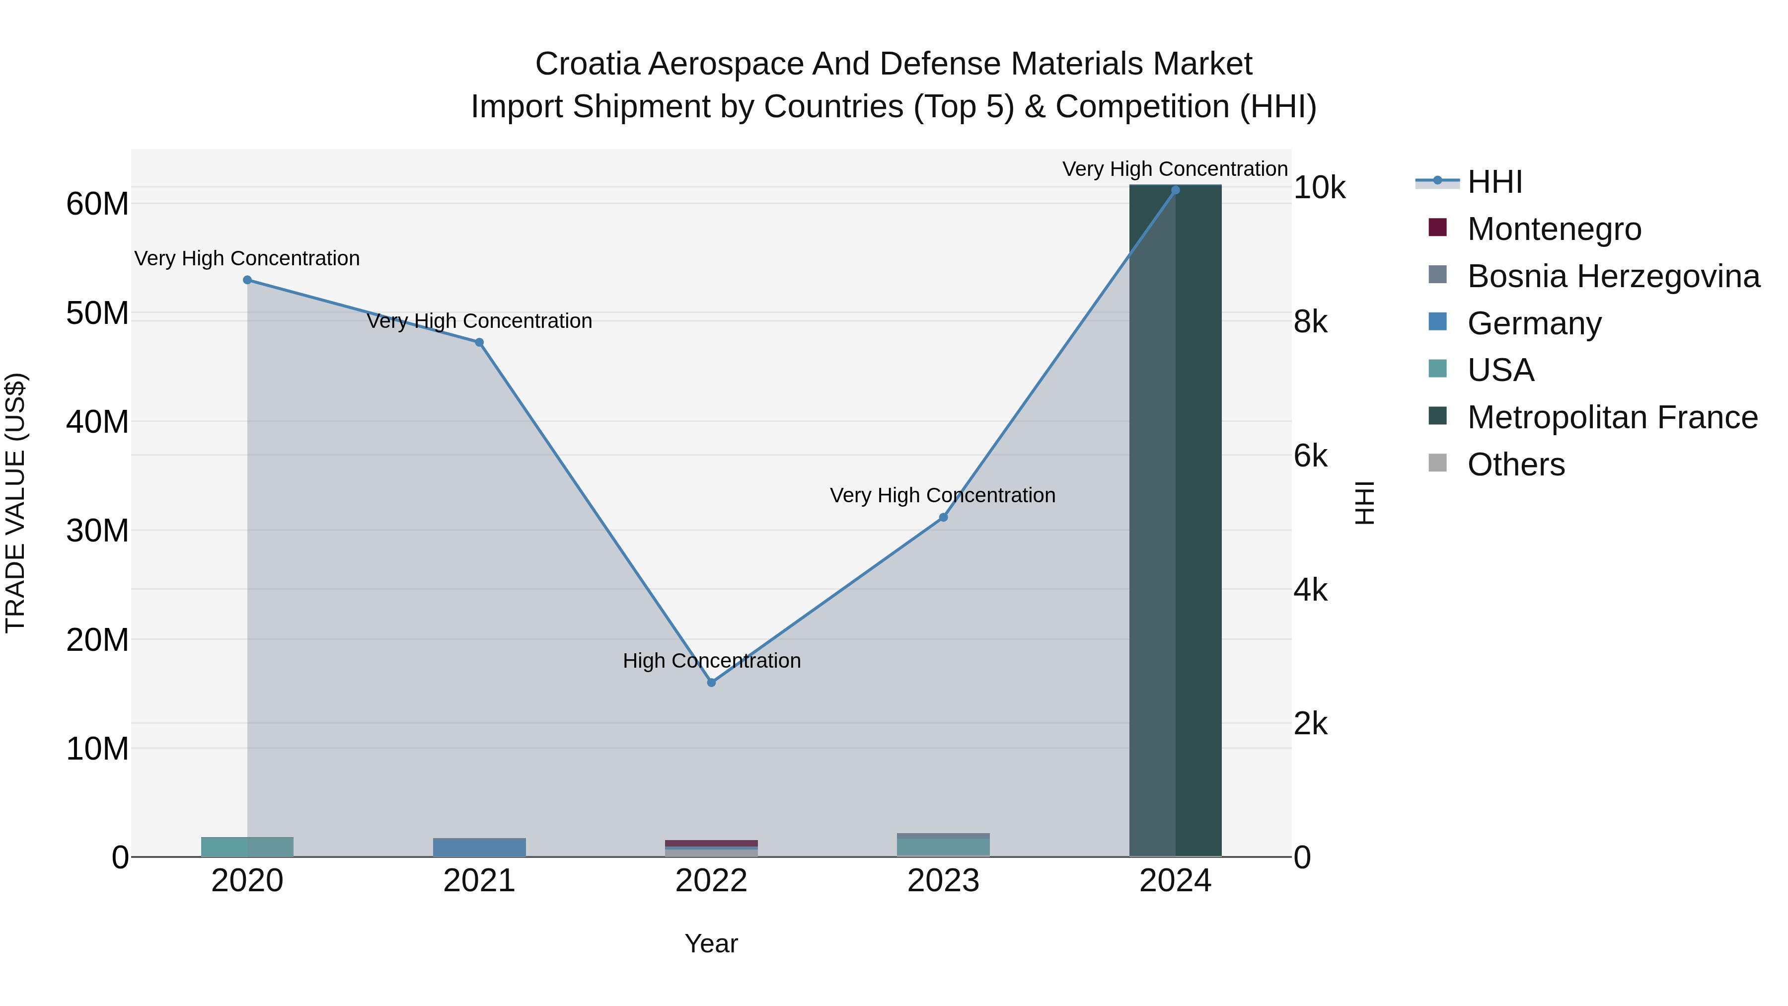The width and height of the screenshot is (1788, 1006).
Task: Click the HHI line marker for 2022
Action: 711,683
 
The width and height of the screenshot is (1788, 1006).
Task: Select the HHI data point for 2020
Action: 247,280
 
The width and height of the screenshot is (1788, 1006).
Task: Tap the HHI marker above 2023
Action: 943,517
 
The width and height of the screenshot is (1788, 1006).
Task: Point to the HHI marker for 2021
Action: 479,342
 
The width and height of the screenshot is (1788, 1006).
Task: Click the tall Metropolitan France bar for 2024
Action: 1175,521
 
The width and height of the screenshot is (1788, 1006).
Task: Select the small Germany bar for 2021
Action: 479,847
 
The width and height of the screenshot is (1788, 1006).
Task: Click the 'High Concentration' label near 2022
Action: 711,660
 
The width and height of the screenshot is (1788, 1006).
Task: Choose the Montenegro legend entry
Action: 1554,229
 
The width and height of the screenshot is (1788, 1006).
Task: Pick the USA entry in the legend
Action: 1500,370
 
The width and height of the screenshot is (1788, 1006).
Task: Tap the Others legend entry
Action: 1515,464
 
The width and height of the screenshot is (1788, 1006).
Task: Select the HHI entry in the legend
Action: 1494,182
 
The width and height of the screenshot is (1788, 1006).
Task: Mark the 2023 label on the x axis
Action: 943,881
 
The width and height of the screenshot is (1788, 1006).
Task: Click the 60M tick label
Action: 97,204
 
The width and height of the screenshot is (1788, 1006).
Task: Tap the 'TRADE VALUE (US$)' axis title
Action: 15,503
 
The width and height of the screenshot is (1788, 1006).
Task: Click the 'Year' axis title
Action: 711,943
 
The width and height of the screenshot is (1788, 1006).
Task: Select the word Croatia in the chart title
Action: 587,64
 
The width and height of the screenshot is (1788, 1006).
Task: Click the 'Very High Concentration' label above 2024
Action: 1175,169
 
